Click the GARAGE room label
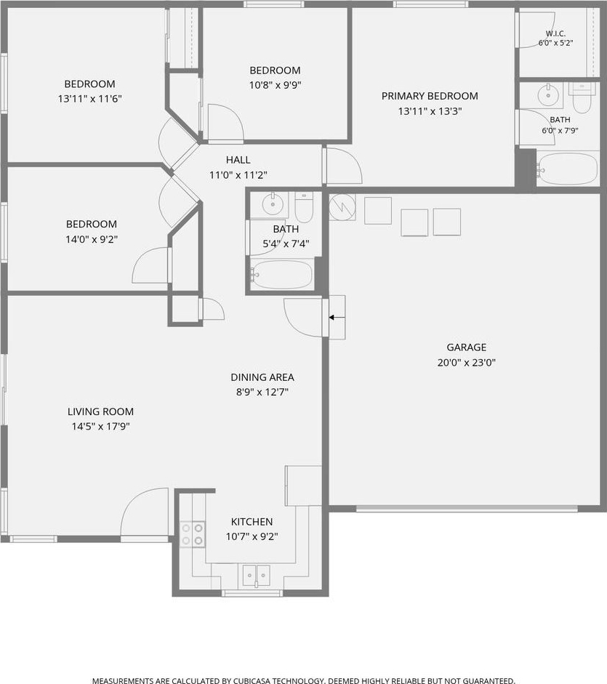(466, 347)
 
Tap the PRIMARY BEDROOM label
(430, 96)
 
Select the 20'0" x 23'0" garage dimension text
(466, 363)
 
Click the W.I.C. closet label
(555, 33)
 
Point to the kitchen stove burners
(193, 534)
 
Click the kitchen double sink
(257, 576)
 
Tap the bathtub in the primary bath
(567, 169)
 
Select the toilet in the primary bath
(582, 98)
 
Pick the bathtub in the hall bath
(282, 274)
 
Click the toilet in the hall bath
(304, 206)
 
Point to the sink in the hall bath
(273, 203)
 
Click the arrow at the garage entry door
(337, 318)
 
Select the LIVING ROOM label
(100, 411)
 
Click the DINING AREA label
(262, 377)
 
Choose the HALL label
(238, 160)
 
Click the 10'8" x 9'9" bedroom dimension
(275, 85)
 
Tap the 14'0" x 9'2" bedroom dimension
(92, 239)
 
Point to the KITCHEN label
(252, 522)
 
